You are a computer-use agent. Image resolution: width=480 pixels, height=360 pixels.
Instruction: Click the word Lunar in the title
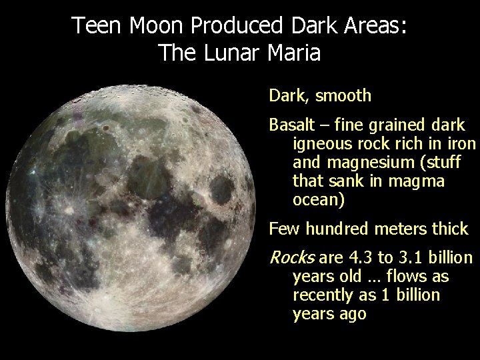point(229,52)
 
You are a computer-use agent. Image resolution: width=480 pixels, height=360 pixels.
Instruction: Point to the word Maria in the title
point(295,52)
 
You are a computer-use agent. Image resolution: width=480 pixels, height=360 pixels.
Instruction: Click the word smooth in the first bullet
point(343,96)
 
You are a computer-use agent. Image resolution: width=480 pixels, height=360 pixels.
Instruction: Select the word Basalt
point(290,125)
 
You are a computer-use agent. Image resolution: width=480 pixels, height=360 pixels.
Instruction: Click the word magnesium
point(363,163)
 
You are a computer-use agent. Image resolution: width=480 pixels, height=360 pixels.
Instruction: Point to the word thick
point(451,229)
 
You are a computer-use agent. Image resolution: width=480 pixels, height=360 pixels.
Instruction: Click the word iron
point(462,144)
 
